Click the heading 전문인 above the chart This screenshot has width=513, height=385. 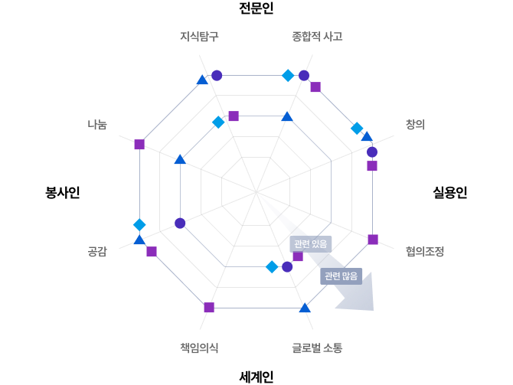click(256, 8)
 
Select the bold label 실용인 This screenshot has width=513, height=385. click(450, 192)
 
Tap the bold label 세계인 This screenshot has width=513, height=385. click(256, 377)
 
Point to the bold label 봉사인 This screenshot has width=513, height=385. click(63, 192)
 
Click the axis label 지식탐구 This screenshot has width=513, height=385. click(199, 36)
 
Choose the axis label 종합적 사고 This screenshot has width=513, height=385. click(317, 36)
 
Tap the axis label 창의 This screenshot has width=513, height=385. click(415, 124)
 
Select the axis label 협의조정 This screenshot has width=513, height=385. click(425, 252)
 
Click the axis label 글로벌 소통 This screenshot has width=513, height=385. click(317, 347)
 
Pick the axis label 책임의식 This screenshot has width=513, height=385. click(199, 347)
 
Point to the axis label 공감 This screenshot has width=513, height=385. click(97, 252)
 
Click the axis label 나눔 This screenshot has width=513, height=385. click(97, 124)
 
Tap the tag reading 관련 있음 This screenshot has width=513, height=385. click(311, 244)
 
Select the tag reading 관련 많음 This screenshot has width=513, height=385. click(341, 276)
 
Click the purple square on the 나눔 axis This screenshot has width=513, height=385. click(139, 144)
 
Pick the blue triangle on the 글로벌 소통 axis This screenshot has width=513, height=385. click(305, 308)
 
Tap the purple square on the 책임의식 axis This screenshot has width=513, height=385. click(209, 308)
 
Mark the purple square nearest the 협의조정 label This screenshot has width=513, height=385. click(373, 240)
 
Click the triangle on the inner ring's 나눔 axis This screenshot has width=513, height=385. click(180, 160)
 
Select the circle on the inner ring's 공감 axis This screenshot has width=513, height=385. click(180, 223)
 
